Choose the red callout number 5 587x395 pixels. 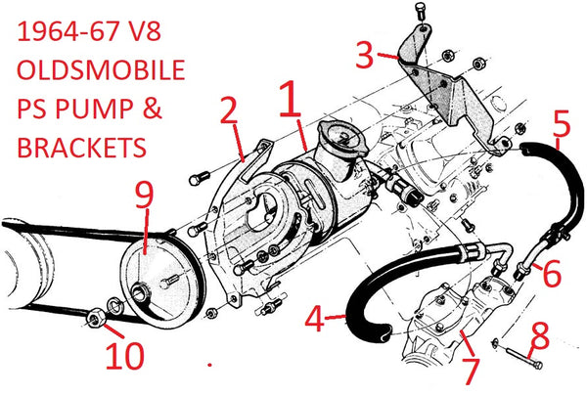561,125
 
